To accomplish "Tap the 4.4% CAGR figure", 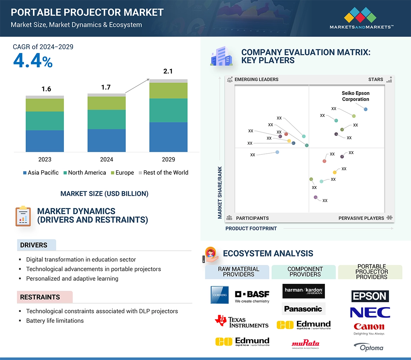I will pyautogui.click(x=33, y=61).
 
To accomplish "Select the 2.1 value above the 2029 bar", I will pyautogui.click(x=168, y=71).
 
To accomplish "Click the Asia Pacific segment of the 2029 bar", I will pyautogui.click(x=168, y=137).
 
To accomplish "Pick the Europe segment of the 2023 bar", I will pyautogui.click(x=45, y=105).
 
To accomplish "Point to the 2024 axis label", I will pyautogui.click(x=106, y=159).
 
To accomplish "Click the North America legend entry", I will pyautogui.click(x=85, y=173).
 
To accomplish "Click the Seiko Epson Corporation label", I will pyautogui.click(x=355, y=96).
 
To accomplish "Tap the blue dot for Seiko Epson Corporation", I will pyautogui.click(x=366, y=109).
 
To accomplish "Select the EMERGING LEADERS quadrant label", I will pyautogui.click(x=256, y=79).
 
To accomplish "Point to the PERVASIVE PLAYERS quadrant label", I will pyautogui.click(x=361, y=218).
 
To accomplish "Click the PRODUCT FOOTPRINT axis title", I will pyautogui.click(x=251, y=228).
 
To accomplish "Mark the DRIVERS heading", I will pyautogui.click(x=34, y=245).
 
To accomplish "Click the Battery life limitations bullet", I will pyautogui.click(x=55, y=321).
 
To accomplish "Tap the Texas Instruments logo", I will pyautogui.click(x=242, y=322).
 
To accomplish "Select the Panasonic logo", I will pyautogui.click(x=303, y=309).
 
